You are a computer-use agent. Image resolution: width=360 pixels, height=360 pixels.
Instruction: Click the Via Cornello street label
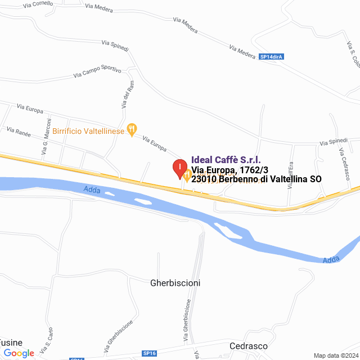[38, 4]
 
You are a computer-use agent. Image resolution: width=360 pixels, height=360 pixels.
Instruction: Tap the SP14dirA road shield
[271, 57]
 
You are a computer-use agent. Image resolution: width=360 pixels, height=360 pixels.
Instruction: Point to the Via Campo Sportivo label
[98, 72]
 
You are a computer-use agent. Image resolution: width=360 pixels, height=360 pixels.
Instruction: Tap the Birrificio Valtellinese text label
[88, 130]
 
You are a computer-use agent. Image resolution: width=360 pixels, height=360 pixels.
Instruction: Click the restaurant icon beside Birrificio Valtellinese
[132, 130]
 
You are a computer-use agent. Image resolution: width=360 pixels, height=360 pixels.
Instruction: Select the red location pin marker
[179, 169]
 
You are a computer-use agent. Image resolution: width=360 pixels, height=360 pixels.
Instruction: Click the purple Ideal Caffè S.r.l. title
[226, 160]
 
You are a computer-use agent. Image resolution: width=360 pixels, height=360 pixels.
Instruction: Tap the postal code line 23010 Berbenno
[256, 179]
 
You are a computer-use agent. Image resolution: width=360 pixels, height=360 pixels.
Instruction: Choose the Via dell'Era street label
[290, 174]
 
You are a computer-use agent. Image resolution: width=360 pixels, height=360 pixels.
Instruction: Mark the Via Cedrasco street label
[344, 163]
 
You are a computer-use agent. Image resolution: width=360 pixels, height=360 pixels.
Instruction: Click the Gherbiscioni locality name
[175, 283]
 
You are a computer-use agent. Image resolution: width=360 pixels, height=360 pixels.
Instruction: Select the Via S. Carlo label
[46, 337]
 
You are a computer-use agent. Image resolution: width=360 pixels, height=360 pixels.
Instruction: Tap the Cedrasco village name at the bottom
[248, 346]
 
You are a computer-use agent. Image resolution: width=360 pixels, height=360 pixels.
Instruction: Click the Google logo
[19, 353]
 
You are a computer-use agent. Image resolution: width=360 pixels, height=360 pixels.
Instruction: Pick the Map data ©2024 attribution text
[335, 355]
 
